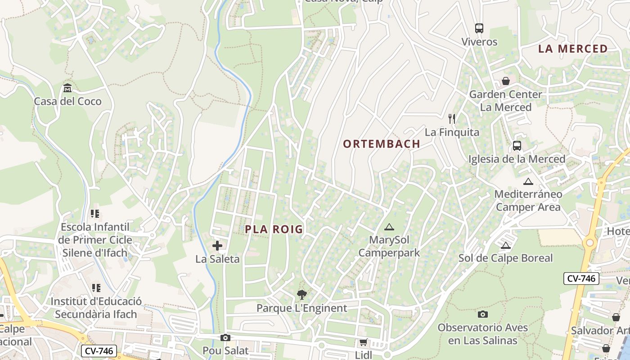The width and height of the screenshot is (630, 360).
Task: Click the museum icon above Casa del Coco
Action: pyautogui.click(x=67, y=87)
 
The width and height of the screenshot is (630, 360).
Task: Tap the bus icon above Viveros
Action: pyautogui.click(x=479, y=28)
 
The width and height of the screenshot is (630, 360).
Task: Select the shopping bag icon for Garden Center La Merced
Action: pyautogui.click(x=506, y=81)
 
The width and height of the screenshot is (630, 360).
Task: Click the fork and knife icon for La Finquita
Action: pyautogui.click(x=452, y=119)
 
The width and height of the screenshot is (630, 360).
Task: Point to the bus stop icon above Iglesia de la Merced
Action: pyautogui.click(x=517, y=146)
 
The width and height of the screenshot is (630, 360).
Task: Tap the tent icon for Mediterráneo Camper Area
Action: pyautogui.click(x=528, y=182)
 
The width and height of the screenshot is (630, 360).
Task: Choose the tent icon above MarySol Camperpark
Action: pyautogui.click(x=389, y=227)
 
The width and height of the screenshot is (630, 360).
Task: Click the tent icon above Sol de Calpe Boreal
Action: pyautogui.click(x=506, y=245)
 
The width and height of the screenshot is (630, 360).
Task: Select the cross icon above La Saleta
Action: pyautogui.click(x=217, y=246)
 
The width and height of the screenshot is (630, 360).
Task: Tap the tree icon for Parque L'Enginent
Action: pyautogui.click(x=302, y=295)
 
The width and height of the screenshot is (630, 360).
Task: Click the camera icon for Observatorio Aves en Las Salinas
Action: pyautogui.click(x=483, y=314)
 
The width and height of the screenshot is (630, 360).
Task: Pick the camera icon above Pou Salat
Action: pyautogui.click(x=225, y=337)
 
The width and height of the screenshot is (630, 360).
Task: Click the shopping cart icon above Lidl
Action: pyautogui.click(x=363, y=342)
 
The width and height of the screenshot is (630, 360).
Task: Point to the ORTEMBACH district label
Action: pyautogui.click(x=382, y=144)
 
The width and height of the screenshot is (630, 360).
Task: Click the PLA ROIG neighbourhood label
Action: pyautogui.click(x=274, y=229)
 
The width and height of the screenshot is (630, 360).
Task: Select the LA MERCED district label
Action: pyautogui.click(x=573, y=49)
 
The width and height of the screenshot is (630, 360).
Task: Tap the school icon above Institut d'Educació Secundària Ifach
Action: pyautogui.click(x=96, y=288)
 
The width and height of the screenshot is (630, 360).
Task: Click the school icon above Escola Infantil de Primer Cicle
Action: pyautogui.click(x=95, y=213)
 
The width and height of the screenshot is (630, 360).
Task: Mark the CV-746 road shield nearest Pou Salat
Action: pyautogui.click(x=99, y=351)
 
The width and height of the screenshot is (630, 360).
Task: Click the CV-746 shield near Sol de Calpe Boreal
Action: pyautogui.click(x=581, y=279)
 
